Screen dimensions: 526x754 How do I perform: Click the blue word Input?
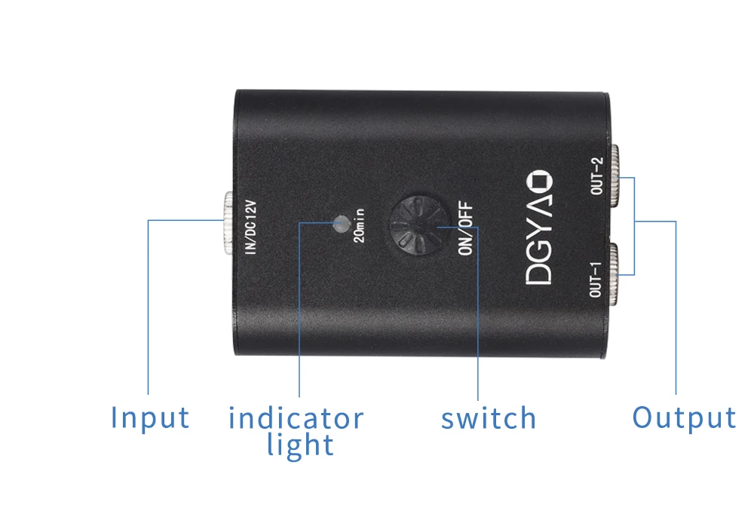(x=150, y=417)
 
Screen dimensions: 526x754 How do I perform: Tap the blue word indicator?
(x=296, y=417)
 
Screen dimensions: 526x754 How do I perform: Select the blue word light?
(x=299, y=445)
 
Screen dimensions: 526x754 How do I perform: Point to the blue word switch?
(x=489, y=418)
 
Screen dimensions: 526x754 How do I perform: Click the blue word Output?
(x=683, y=417)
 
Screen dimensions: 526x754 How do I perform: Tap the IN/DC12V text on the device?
(x=252, y=225)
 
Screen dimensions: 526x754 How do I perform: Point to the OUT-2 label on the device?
(x=597, y=176)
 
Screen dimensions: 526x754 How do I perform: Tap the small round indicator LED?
(x=342, y=223)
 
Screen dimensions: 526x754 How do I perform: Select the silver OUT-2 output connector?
(x=616, y=176)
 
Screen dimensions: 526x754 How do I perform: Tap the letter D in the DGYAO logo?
(x=541, y=272)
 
